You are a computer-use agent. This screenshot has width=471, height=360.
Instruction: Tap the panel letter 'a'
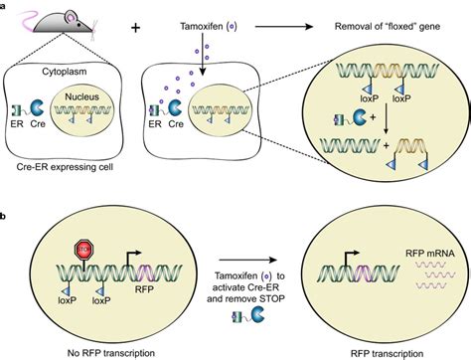pyautogui.click(x=7, y=6)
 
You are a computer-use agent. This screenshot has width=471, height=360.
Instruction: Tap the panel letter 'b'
pyautogui.click(x=7, y=216)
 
